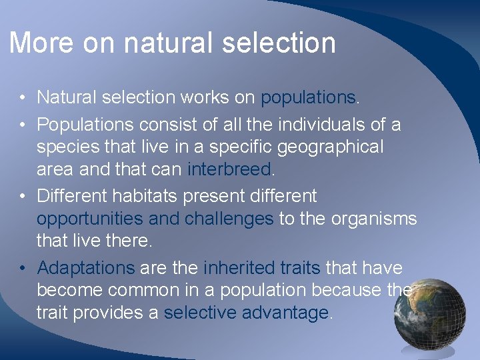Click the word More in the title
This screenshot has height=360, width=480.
click(x=41, y=43)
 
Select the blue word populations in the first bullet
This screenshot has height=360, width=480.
click(x=309, y=98)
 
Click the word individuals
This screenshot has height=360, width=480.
click(x=316, y=125)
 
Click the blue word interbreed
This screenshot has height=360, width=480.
click(x=229, y=169)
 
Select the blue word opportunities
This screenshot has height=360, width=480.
click(x=90, y=219)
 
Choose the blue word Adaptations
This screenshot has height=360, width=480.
click(x=86, y=268)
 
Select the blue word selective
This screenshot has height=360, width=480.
click(x=202, y=313)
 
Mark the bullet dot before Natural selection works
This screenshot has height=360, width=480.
click(x=22, y=99)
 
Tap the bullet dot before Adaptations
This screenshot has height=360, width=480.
click(x=22, y=269)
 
